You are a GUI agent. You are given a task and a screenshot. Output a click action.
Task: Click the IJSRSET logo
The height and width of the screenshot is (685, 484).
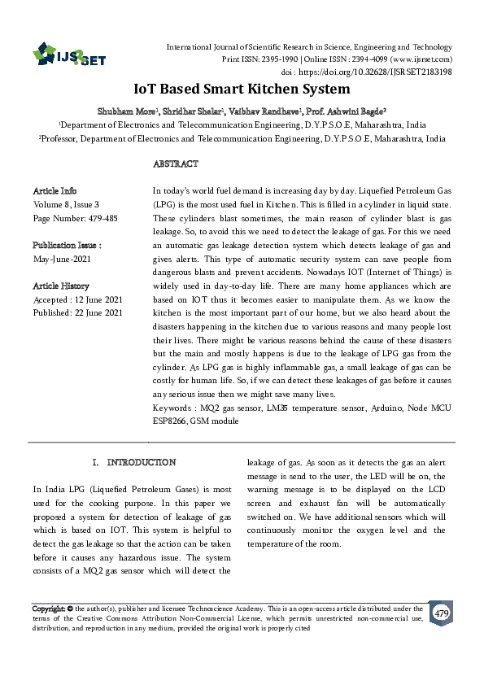point(64,56)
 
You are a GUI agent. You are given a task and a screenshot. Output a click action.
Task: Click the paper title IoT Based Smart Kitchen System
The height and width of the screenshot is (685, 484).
point(242,89)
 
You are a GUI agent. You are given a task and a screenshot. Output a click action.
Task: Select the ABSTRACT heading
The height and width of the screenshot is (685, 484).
point(176,164)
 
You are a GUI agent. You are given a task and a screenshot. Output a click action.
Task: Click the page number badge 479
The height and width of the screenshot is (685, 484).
point(442,613)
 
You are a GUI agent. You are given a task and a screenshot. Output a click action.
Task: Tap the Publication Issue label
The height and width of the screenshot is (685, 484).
point(67,245)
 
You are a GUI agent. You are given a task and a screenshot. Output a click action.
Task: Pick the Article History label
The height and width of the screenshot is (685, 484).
point(61,286)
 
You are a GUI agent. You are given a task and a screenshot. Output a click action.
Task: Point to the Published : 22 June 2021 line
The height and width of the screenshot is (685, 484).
point(78,312)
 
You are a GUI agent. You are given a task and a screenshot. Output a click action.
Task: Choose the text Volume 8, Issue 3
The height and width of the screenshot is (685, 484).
point(67,204)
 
